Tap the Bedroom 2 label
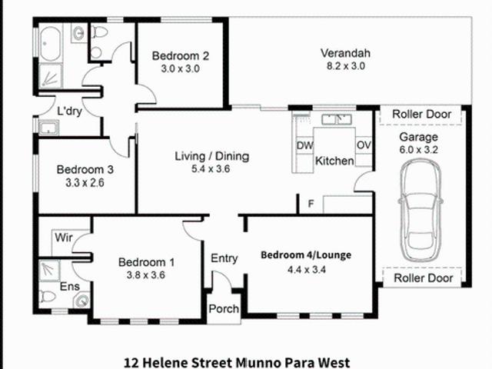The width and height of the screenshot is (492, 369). coord(181,55)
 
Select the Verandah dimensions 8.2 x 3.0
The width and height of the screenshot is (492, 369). coord(345,67)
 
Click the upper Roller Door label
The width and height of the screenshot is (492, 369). coord(421,114)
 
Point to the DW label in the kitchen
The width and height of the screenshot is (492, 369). coord(304,145)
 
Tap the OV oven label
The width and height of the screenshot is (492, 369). coord(364,145)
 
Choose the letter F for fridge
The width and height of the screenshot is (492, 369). coord(311,204)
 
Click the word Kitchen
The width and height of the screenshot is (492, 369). coord(334,161)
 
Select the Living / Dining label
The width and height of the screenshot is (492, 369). coord(211,156)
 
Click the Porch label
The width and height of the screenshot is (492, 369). coord(224,309)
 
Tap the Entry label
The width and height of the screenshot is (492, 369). coord(224,258)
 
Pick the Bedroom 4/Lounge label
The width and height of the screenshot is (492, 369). coord(306,255)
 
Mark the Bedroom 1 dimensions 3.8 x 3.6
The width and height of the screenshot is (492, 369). coord(145,275)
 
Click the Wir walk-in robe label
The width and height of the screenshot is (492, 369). coord(62,238)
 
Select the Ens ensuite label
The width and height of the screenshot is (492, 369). coord(70,286)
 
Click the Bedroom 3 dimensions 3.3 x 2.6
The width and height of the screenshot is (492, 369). coord(85,183)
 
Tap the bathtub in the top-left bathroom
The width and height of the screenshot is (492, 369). coord(54,42)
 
